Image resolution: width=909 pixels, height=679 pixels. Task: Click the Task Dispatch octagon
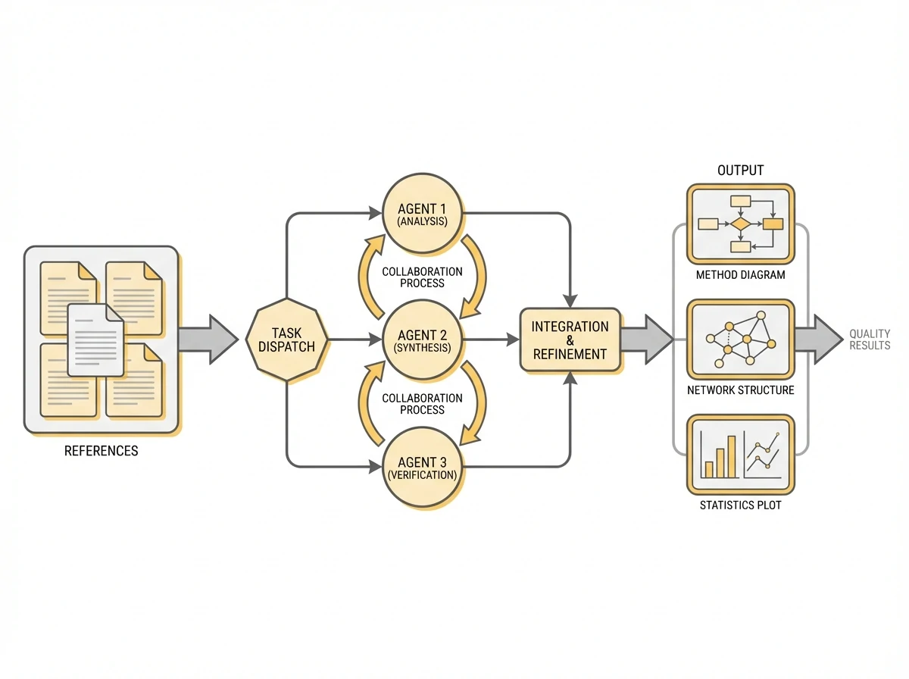(x=288, y=339)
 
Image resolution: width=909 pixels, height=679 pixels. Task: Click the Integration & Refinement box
(x=570, y=339)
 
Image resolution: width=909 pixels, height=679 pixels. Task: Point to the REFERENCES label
(x=101, y=451)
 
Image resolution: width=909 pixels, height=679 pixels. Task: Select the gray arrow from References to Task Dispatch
(x=207, y=339)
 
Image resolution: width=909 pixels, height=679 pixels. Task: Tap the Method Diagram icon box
(x=740, y=223)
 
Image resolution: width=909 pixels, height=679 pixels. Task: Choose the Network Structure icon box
(x=740, y=339)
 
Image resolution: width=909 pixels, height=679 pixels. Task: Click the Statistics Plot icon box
(x=740, y=453)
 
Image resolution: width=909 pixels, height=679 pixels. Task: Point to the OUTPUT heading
(x=740, y=171)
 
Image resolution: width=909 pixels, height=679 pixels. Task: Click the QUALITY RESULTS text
(x=869, y=339)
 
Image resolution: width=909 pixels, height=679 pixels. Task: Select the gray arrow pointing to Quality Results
(x=817, y=339)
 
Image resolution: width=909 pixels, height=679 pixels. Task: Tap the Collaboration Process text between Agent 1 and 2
(x=423, y=277)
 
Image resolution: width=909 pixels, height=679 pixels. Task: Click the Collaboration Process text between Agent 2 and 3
(x=423, y=403)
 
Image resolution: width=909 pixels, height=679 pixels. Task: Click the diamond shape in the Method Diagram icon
(x=740, y=224)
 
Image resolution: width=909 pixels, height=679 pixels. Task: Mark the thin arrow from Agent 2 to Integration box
(x=489, y=339)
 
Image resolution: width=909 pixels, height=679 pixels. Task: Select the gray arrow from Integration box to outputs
(x=646, y=339)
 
